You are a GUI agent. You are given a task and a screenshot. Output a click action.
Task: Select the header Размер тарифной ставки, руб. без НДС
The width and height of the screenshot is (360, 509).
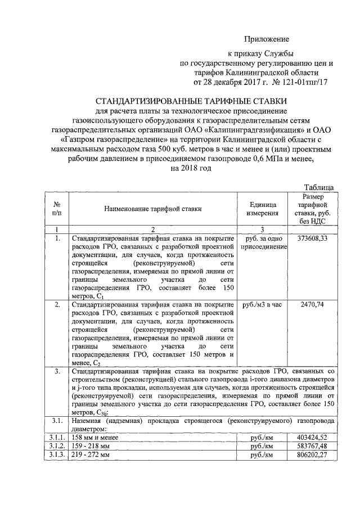click(x=312, y=209)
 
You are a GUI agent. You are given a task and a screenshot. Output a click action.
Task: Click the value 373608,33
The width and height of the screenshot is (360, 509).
click(x=312, y=238)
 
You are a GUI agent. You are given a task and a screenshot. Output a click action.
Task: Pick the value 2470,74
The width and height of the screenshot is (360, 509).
click(x=312, y=304)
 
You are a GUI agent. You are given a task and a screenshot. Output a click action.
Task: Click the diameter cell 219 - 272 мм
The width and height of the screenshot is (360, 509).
click(x=90, y=455)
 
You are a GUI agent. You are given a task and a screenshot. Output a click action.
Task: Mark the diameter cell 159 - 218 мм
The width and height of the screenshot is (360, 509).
click(x=90, y=445)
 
